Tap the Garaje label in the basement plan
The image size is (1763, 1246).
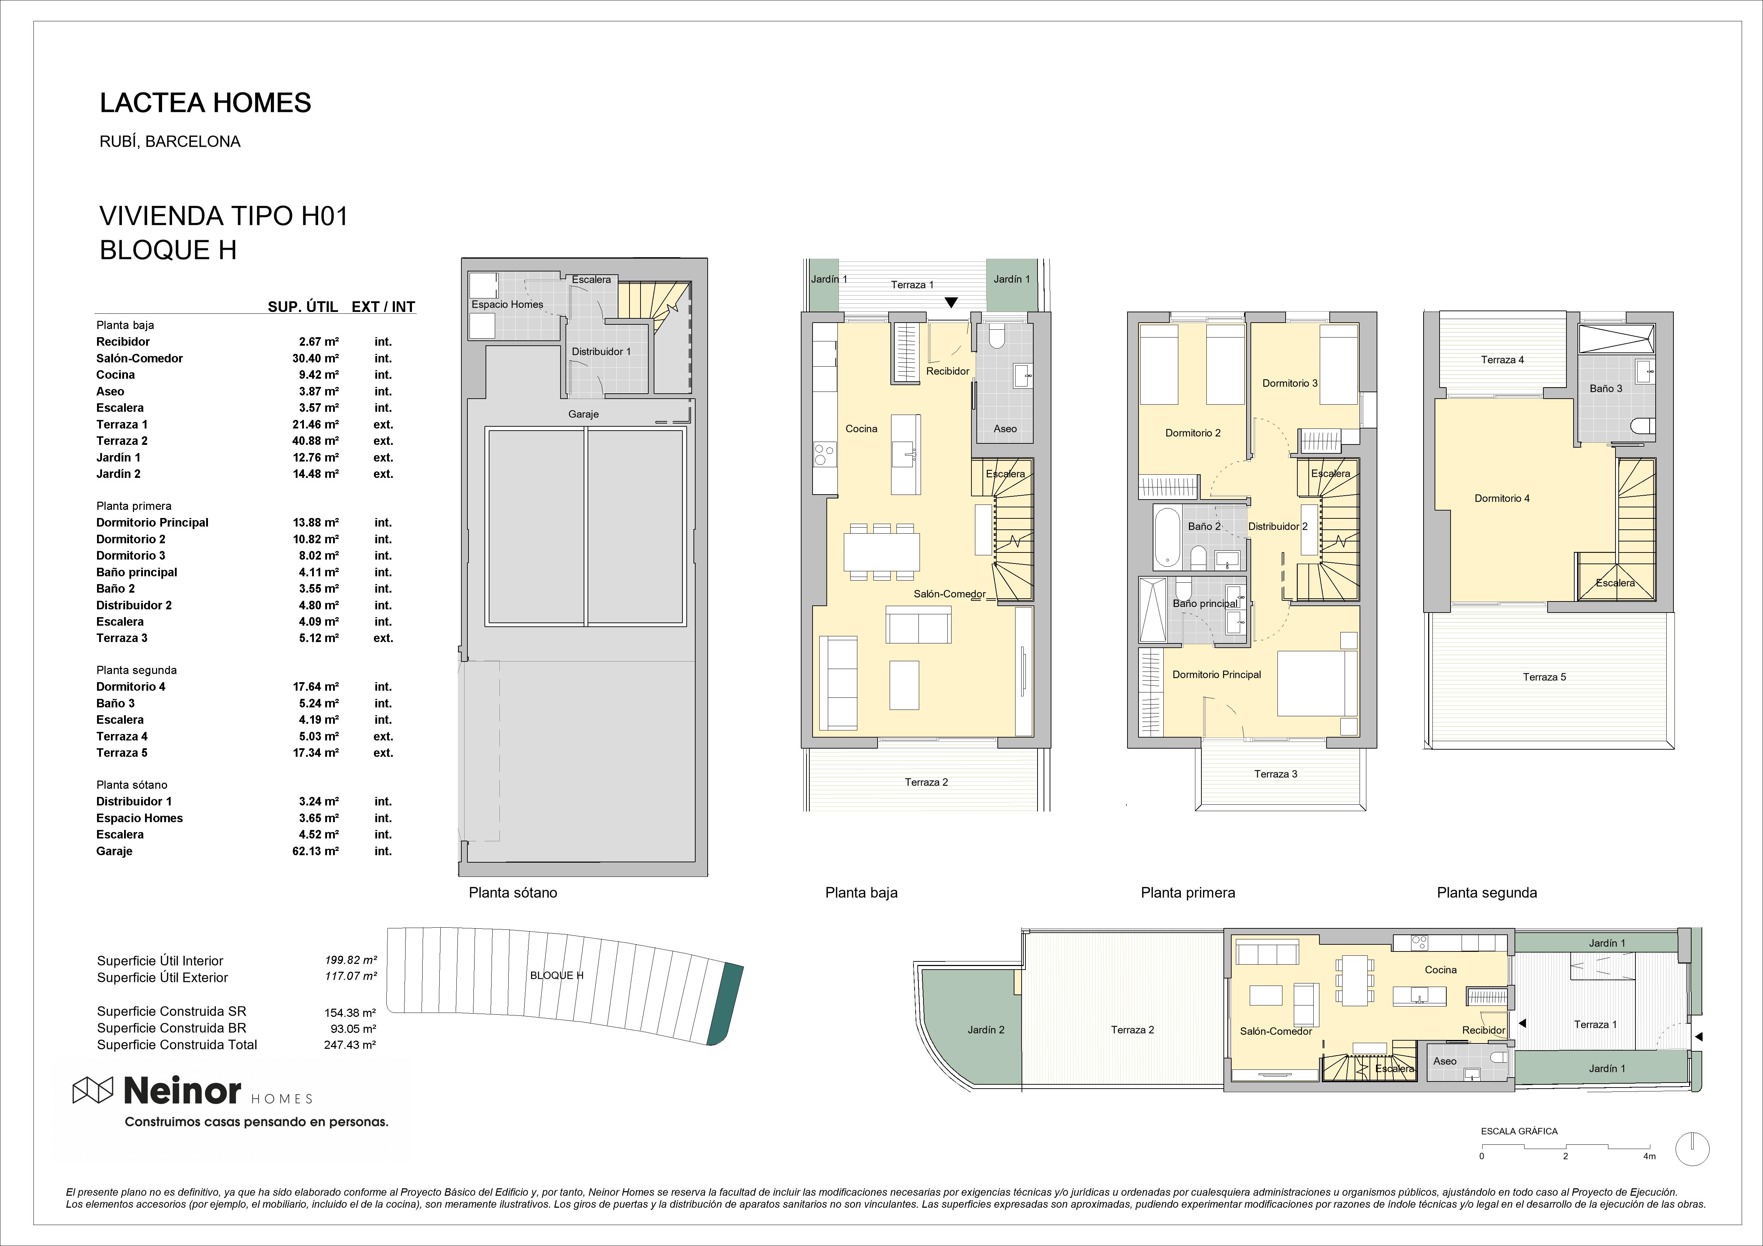point(584,414)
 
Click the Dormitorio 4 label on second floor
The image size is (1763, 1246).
point(1502,498)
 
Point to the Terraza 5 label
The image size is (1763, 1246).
point(1544,676)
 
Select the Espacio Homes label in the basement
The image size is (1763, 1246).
point(507,304)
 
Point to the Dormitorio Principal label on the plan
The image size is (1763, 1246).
point(1216,674)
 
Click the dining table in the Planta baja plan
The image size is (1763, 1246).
point(881,551)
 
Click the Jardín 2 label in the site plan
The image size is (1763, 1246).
point(986,1030)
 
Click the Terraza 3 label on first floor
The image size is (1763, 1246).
point(1275,774)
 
